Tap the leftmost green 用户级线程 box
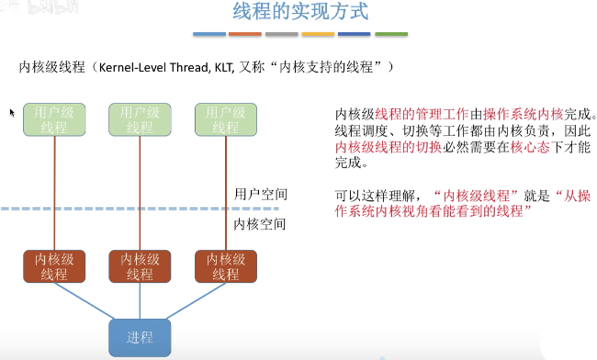pyautogui.click(x=54, y=120)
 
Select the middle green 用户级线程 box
pyautogui.click(x=140, y=120)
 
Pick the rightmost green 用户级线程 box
pyautogui.click(x=225, y=120)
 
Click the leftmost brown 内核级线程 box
pyautogui.click(x=54, y=265)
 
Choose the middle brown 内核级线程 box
pyautogui.click(x=140, y=265)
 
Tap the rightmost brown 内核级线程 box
pyautogui.click(x=225, y=265)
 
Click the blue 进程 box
pyautogui.click(x=140, y=336)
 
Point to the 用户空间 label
pyautogui.click(x=261, y=194)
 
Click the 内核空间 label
pyautogui.click(x=261, y=224)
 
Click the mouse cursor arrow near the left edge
pyautogui.click(x=12, y=112)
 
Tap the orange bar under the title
pyautogui.click(x=245, y=35)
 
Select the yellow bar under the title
pyautogui.click(x=318, y=35)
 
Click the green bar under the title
pyautogui.click(x=391, y=35)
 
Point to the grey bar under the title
pyautogui.click(x=282, y=35)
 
